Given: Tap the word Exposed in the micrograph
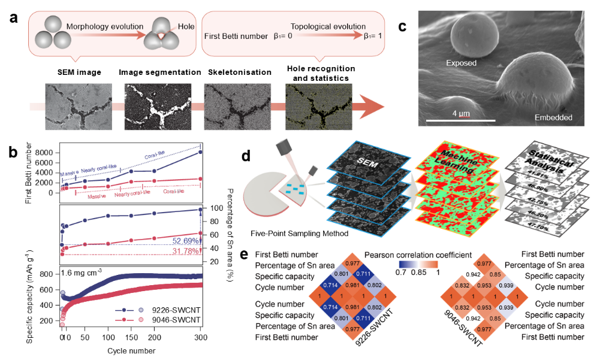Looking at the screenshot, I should coord(461,63).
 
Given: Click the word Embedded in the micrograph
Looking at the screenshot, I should coord(553,117).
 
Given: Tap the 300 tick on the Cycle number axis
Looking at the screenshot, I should coord(200,338).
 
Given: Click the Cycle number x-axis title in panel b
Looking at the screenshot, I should coord(114,350).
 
